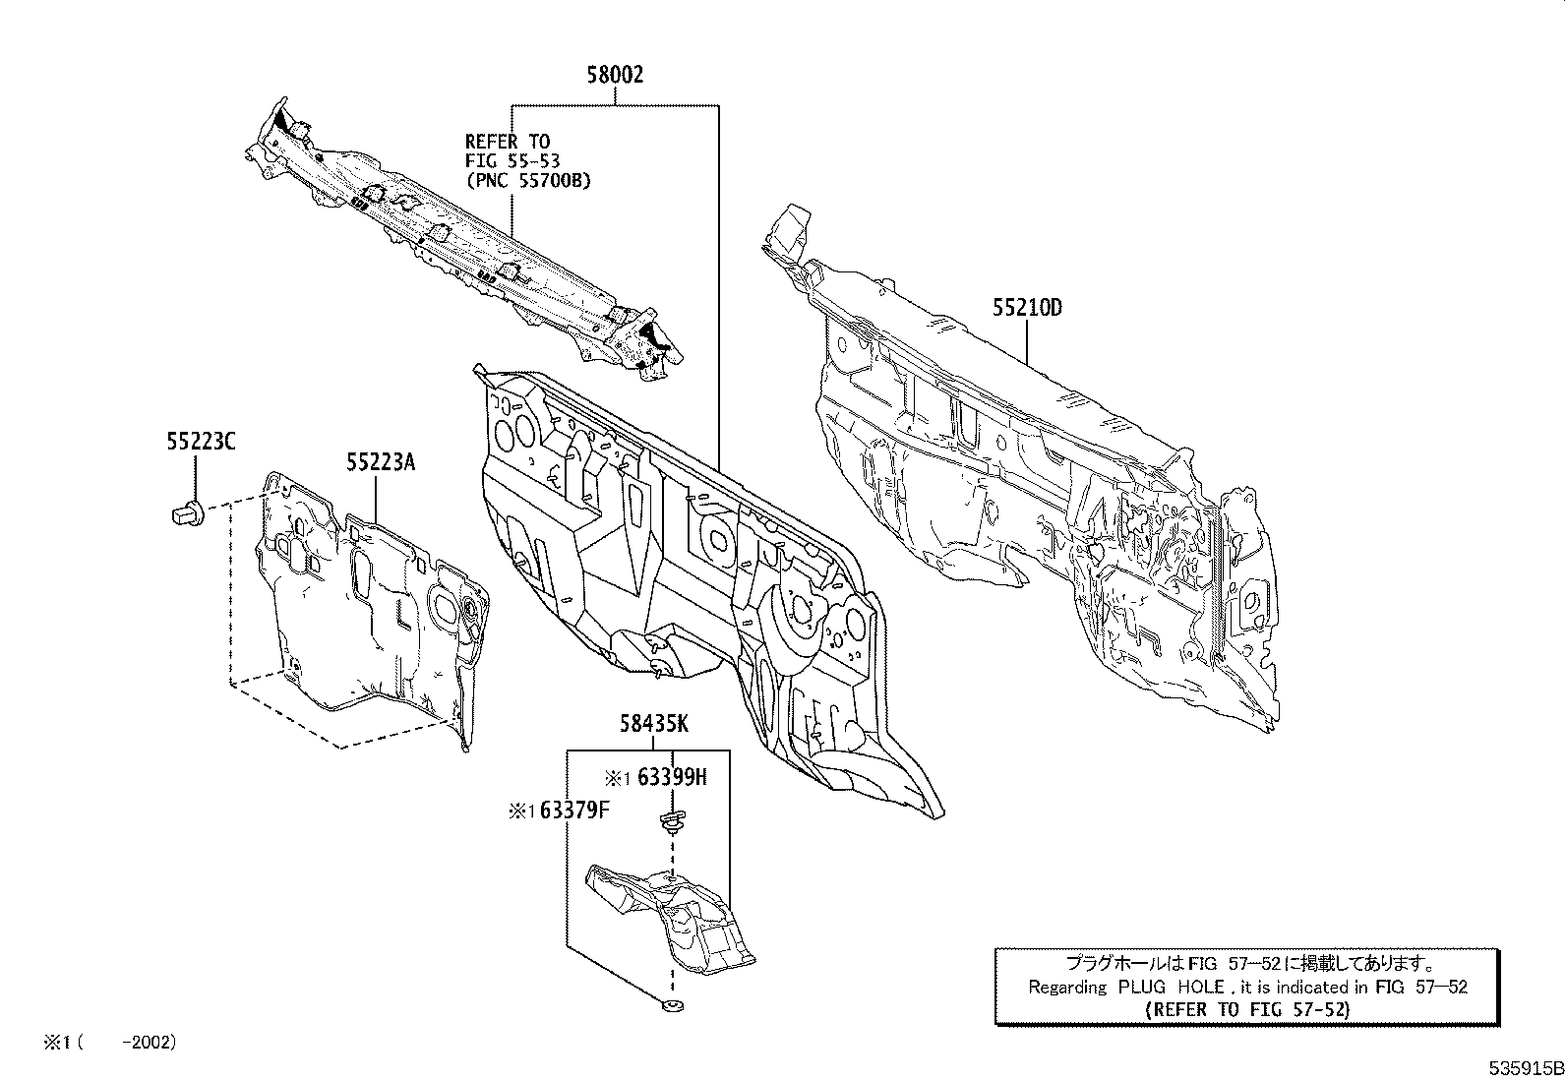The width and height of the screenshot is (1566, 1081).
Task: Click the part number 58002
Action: coord(615,76)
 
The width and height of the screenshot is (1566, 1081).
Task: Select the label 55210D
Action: coord(1026,308)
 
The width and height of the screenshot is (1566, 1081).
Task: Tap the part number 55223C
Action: coord(201,443)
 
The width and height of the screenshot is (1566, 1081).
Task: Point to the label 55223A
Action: coord(380,461)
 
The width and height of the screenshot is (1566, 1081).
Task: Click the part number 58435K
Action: coord(653,725)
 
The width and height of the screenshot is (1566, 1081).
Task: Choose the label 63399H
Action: coord(672,778)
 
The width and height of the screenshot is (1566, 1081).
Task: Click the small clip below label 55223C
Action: coord(188,511)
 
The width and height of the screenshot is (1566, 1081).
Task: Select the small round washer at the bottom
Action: coord(672,1005)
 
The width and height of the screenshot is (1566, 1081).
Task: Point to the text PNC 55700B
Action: coord(528,181)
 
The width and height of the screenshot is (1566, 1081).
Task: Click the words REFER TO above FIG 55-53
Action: coord(507,143)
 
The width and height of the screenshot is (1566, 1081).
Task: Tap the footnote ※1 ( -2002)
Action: coord(109,1042)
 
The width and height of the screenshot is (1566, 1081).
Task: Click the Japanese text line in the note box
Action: coord(1248,965)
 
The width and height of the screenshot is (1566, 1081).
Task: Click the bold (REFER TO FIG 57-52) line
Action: coord(1248,1009)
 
